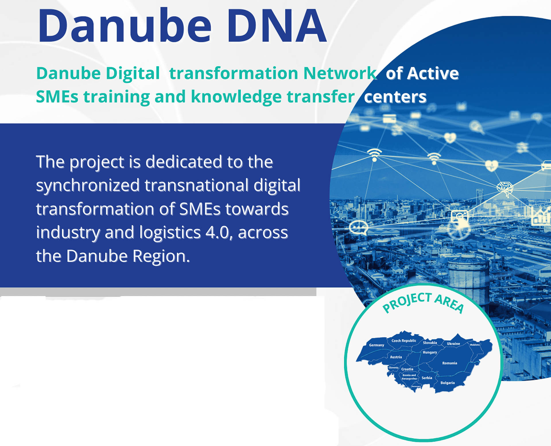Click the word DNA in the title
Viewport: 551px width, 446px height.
coord(276,26)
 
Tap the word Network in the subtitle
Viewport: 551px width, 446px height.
coord(340,73)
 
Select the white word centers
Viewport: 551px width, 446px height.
coord(395,97)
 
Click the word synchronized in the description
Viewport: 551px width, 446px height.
coord(88,185)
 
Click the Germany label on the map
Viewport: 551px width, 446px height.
coord(377,345)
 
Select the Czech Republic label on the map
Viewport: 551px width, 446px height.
coord(404,340)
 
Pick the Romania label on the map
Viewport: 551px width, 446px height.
coord(450,363)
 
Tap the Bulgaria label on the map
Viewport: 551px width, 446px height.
coord(447,383)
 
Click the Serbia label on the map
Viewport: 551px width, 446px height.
coord(427,378)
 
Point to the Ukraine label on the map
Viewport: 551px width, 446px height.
coord(453,344)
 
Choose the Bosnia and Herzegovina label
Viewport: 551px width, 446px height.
coord(409,377)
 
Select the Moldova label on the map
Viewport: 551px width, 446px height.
coord(475,345)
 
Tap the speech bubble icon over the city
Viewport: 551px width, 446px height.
coord(358,227)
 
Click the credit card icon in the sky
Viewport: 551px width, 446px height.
coord(389,118)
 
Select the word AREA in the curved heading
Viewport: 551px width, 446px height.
coord(449,303)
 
